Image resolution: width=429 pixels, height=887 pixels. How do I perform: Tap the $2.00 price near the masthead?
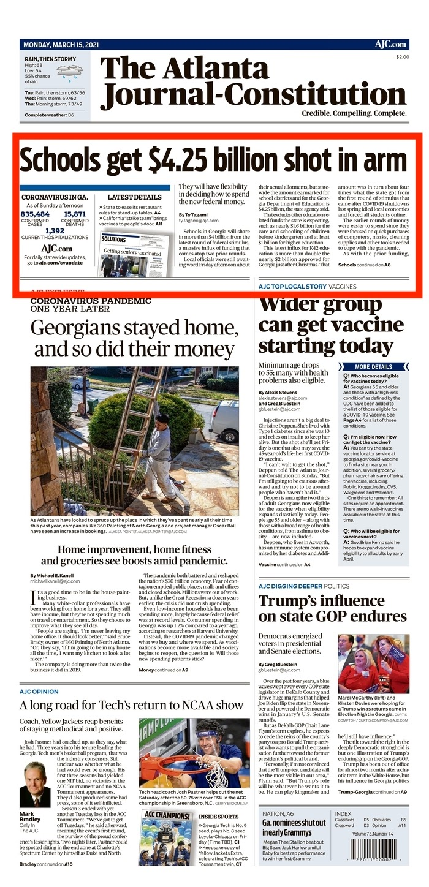point(402,57)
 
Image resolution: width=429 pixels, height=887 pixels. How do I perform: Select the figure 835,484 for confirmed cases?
point(35,214)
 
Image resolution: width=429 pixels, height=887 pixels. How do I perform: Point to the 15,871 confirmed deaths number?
point(75,214)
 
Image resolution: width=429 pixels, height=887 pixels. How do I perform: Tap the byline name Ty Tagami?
point(193,214)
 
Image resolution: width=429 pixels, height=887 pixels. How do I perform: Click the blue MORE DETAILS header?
point(373,366)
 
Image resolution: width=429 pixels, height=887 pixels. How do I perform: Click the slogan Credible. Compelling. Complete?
point(354,114)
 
